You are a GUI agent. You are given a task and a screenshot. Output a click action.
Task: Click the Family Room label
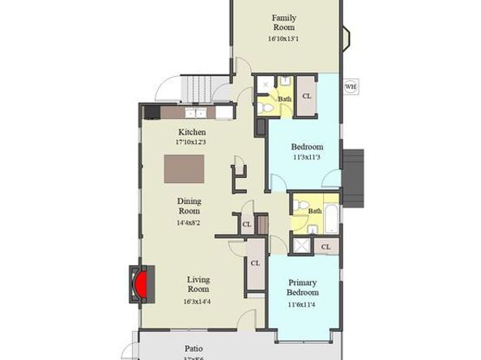[283, 23]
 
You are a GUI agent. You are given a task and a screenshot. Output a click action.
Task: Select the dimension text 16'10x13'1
[283, 38]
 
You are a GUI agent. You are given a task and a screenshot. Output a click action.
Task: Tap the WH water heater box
[350, 87]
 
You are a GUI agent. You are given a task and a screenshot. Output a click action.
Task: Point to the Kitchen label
[191, 132]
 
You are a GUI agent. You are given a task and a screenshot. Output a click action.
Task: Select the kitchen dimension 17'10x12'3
[191, 142]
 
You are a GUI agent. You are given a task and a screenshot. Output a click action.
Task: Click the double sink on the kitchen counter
[194, 113]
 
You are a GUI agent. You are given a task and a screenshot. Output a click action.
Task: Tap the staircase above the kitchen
[203, 83]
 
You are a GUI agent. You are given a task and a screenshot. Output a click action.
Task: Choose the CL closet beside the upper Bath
[306, 95]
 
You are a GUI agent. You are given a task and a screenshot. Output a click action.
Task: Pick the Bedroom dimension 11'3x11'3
[307, 158]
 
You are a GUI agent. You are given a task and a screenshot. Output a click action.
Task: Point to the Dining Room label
[189, 206]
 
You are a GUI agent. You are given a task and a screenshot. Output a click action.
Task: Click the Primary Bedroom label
[302, 287]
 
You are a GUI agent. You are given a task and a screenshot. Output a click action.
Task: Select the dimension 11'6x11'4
[302, 304]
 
